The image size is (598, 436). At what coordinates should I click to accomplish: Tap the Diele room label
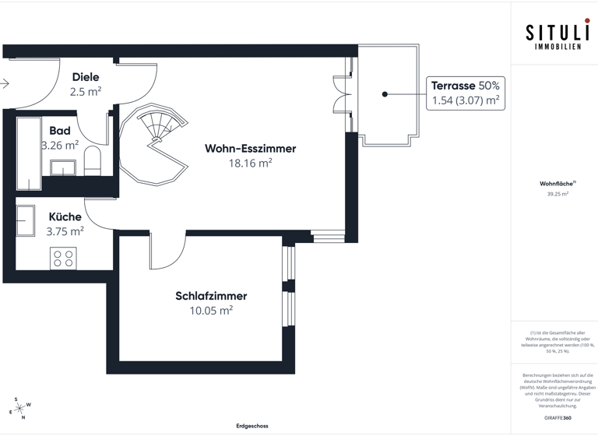pos(86,77)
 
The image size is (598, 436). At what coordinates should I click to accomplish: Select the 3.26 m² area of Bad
pos(60,145)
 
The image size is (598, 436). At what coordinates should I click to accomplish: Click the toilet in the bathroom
pos(93,160)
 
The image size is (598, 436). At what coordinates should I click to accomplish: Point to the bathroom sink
pos(63,167)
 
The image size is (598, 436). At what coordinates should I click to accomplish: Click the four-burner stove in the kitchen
pos(63,258)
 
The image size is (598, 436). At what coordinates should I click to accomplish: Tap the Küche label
pos(65,217)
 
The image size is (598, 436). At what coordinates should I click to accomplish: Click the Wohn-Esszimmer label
pos(250,149)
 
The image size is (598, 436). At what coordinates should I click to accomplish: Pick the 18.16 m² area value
pos(250,163)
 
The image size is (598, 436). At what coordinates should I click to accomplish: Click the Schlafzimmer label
pos(211,296)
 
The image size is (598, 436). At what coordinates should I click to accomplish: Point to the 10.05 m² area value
pos(211,310)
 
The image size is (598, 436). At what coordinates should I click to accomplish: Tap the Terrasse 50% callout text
pos(466,86)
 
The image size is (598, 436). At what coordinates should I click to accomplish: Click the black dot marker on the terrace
pos(385,94)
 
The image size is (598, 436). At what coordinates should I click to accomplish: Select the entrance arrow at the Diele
pos(5,83)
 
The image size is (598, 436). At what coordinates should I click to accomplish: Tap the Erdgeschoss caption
pos(252,426)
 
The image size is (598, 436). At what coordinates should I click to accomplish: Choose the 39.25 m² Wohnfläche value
pos(557,194)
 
